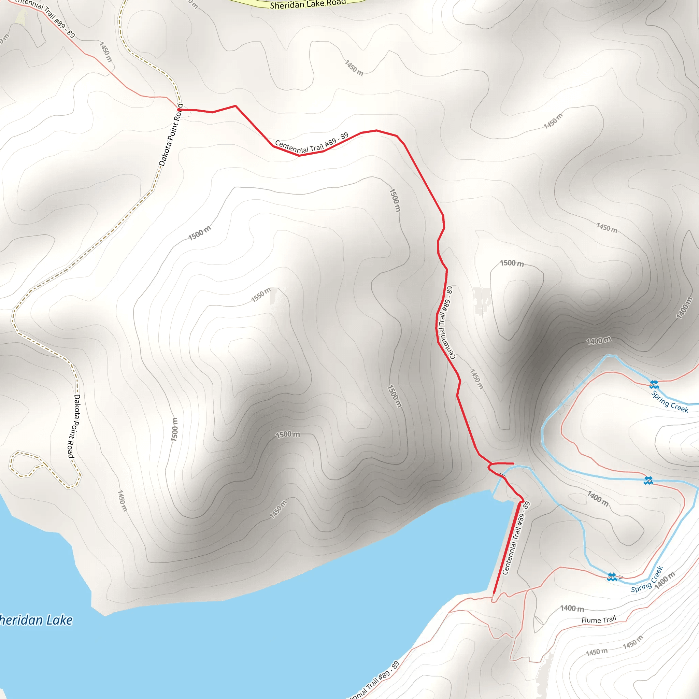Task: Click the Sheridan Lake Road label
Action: pos(308,4)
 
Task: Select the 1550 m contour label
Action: pos(261,295)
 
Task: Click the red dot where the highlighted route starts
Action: pos(179,109)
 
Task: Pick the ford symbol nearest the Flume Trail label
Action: pos(611,577)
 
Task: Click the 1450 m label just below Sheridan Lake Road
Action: pos(354,68)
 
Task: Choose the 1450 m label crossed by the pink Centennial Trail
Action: pos(106,52)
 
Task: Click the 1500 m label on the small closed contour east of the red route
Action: pos(512,263)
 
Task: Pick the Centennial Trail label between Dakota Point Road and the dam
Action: pos(312,143)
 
